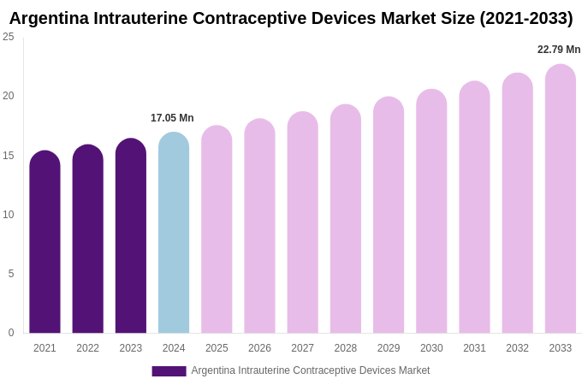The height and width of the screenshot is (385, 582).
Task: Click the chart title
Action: (x=291, y=18)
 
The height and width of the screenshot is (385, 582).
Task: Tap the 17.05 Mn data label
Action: (x=172, y=118)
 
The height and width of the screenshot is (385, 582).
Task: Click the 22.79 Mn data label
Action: (x=559, y=50)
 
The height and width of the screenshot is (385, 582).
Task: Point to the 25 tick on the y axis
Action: (x=9, y=37)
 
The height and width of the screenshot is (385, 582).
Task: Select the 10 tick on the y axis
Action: (x=9, y=215)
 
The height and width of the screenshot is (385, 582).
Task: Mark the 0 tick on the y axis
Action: (x=11, y=333)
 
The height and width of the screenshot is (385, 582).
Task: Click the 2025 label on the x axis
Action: (x=217, y=348)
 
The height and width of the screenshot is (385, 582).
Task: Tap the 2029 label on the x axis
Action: (x=389, y=348)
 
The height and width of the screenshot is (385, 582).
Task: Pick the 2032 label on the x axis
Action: (x=517, y=348)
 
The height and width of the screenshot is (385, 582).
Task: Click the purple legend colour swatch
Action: (x=169, y=371)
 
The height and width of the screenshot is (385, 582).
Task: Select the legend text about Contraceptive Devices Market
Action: (x=311, y=370)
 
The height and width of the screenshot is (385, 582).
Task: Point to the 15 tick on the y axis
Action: (x=9, y=156)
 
